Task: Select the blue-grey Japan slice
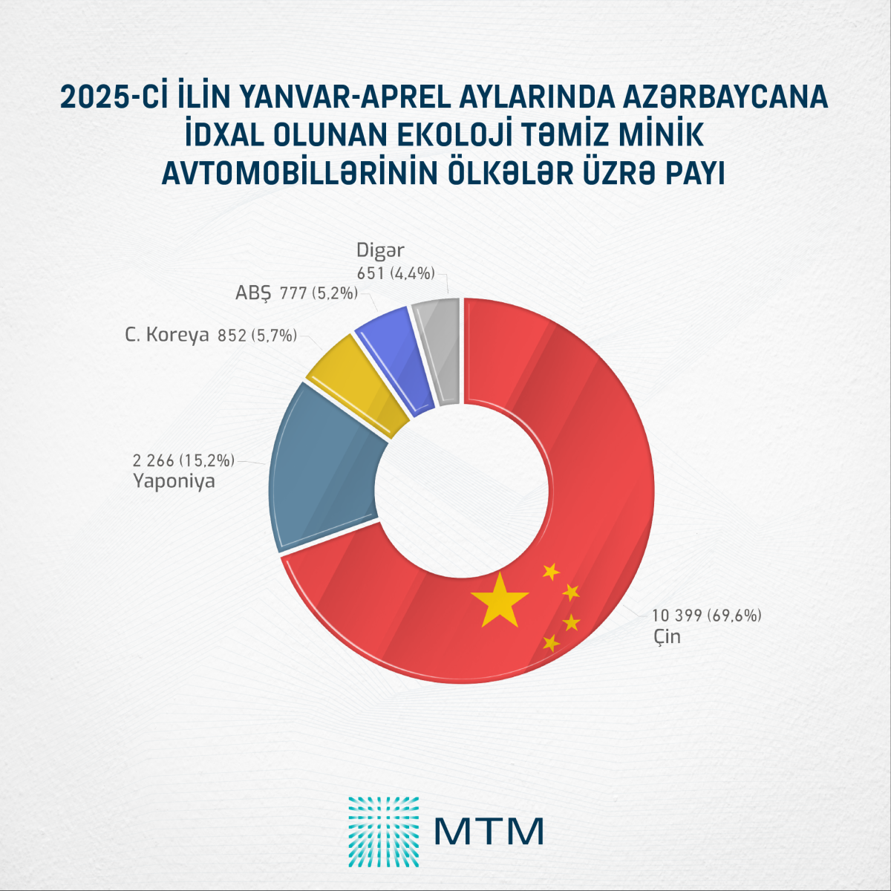(x=327, y=468)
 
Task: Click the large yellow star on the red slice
(x=499, y=600)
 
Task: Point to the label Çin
(x=666, y=636)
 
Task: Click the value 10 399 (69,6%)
(x=707, y=616)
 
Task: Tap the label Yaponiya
(x=174, y=481)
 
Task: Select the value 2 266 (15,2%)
(x=183, y=460)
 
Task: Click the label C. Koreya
(x=166, y=336)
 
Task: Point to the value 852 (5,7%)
(x=257, y=336)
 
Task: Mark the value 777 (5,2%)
(x=319, y=293)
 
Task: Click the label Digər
(x=380, y=251)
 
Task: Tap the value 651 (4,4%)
(x=395, y=273)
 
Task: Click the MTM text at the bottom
(x=489, y=831)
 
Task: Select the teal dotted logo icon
(x=383, y=832)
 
